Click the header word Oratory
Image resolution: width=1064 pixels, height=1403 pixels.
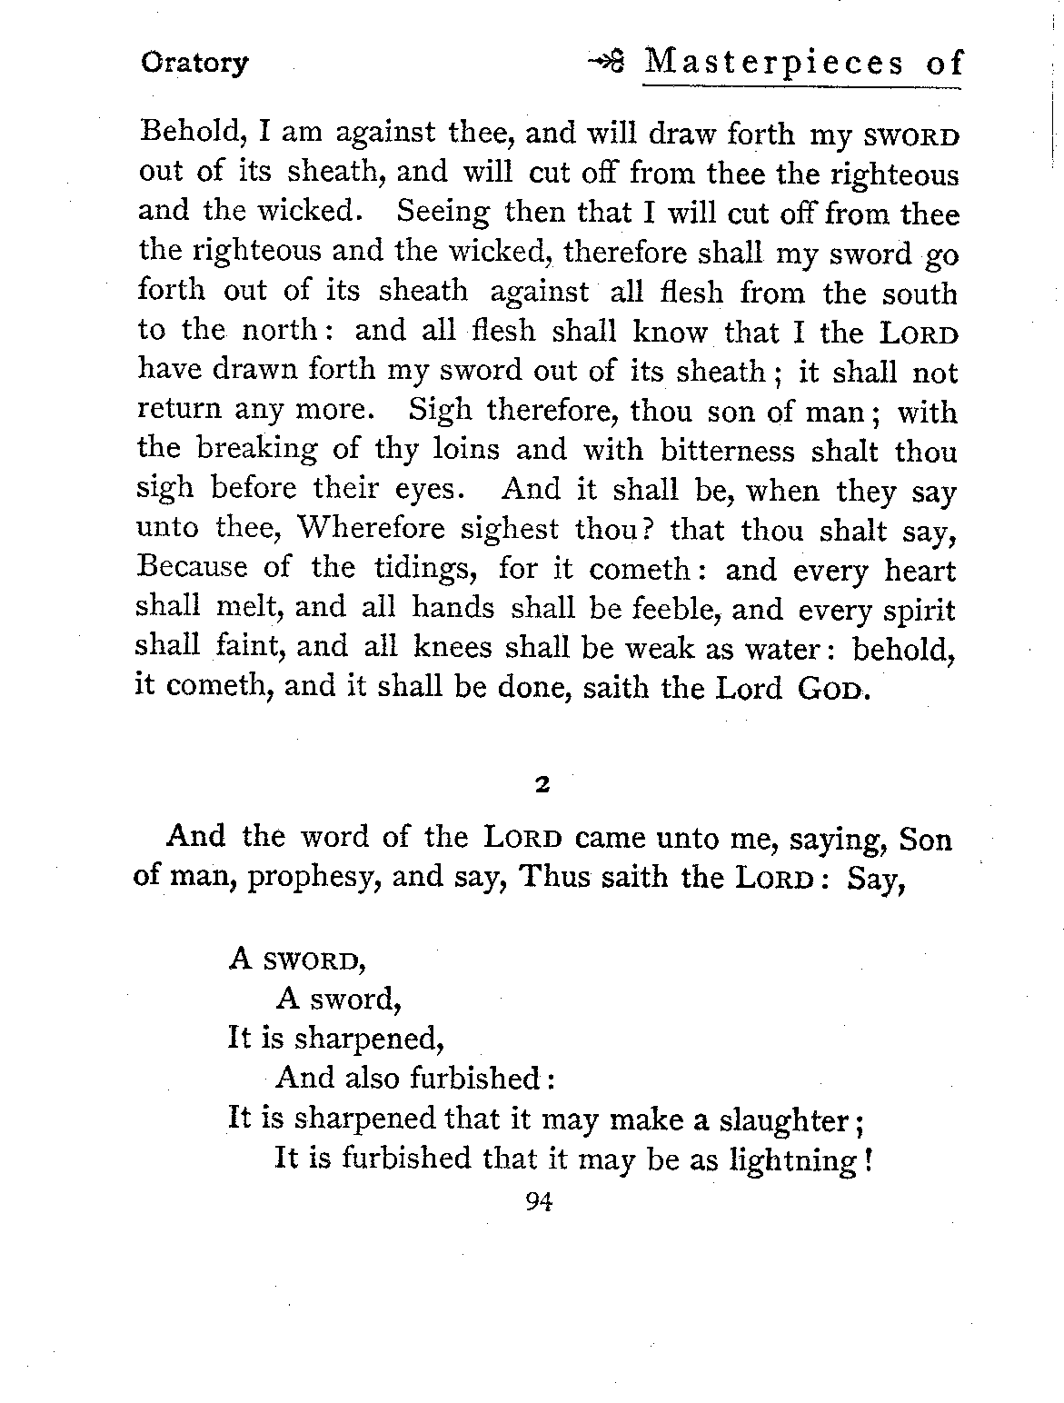[194, 64]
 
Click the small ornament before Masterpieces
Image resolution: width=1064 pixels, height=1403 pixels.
[607, 64]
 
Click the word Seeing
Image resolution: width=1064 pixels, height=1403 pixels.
[443, 214]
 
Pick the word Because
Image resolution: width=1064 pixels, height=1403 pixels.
[191, 568]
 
